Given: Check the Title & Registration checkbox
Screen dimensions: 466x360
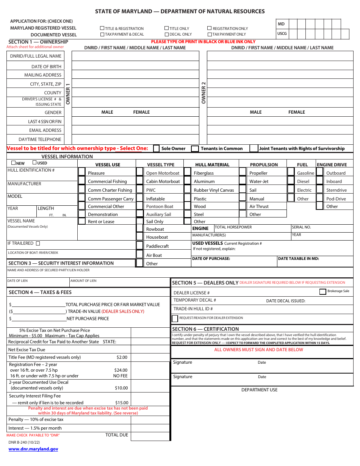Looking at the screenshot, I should [102, 28].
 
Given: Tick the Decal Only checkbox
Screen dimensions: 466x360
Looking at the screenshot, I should [166, 34].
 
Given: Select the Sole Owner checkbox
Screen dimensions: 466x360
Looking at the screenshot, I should [156, 149].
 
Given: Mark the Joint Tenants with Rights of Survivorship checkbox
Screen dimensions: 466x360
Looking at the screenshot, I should [254, 149].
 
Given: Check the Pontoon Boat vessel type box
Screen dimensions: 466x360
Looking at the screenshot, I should [139, 206].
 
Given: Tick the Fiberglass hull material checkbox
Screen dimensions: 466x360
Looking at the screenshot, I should [187, 173].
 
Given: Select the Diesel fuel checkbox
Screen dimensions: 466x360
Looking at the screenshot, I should [291, 181].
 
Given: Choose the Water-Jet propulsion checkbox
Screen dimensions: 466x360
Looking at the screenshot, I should [243, 181].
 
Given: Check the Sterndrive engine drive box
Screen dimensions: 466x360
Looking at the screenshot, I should [320, 190].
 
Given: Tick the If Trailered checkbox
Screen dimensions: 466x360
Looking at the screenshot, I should [38, 244].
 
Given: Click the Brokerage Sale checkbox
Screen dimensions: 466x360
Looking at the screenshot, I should [322, 291].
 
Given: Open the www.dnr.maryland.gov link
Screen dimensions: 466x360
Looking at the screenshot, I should [33, 449].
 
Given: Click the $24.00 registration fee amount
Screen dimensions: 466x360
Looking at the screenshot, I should [121, 370].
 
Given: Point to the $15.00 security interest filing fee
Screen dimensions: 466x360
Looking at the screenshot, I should [122, 403].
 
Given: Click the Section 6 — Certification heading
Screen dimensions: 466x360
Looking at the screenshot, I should [205, 329].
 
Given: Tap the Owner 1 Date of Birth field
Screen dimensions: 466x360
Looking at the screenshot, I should [135, 66].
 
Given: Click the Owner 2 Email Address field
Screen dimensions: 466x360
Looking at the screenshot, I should [280, 130].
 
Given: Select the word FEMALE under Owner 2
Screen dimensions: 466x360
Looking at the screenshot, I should [296, 112].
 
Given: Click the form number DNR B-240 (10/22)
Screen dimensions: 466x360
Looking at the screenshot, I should [24, 442].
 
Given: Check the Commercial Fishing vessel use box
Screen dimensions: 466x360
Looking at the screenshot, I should [81, 181].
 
